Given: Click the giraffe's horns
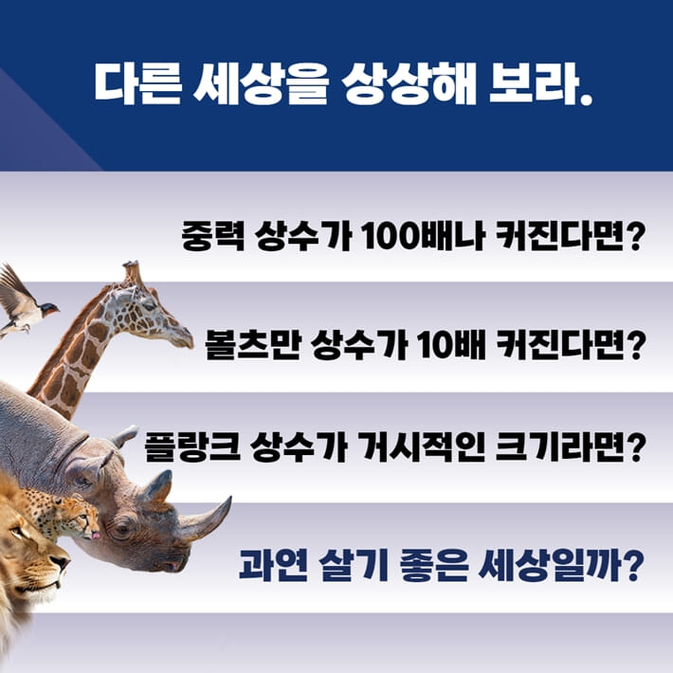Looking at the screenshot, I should pos(132,272).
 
